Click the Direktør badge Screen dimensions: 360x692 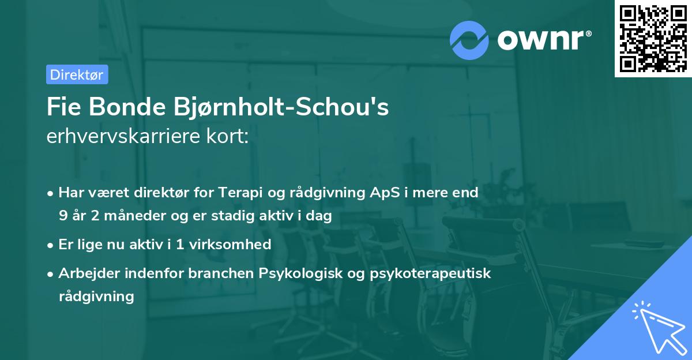[x=77, y=74]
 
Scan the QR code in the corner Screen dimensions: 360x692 [x=653, y=38]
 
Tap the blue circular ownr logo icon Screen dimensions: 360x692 [x=469, y=40]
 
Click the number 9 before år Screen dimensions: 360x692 [x=62, y=216]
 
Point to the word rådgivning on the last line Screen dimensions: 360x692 [x=96, y=297]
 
